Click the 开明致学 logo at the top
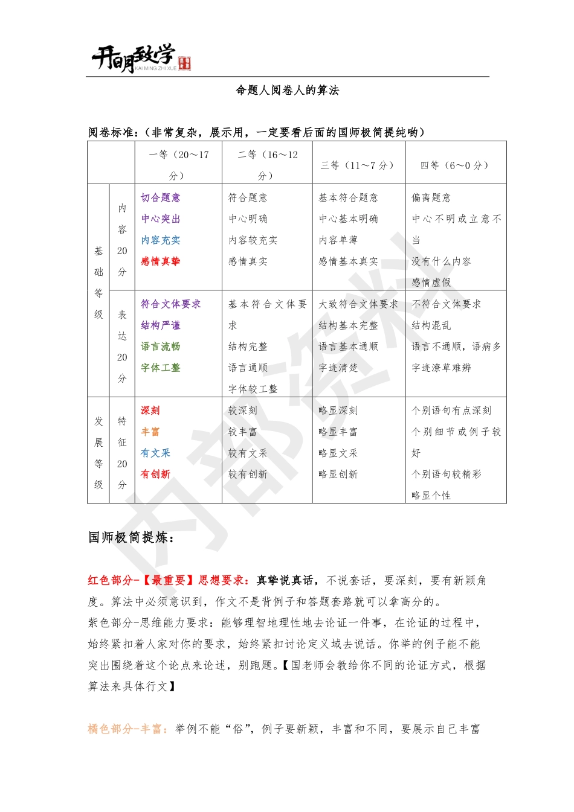click(141, 59)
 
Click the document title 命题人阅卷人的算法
click(287, 91)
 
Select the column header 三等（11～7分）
click(358, 165)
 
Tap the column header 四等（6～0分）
click(454, 165)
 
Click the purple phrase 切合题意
click(161, 197)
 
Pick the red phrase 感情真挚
click(161, 261)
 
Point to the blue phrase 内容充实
click(161, 240)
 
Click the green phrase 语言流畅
click(161, 346)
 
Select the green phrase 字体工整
click(161, 367)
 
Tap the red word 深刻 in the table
click(150, 410)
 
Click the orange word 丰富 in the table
click(150, 431)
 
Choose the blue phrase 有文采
click(155, 453)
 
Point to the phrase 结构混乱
click(431, 325)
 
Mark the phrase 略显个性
click(431, 495)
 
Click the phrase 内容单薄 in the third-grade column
click(338, 240)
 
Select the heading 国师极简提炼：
click(131, 537)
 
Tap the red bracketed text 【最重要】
click(169, 580)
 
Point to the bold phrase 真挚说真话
click(285, 580)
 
